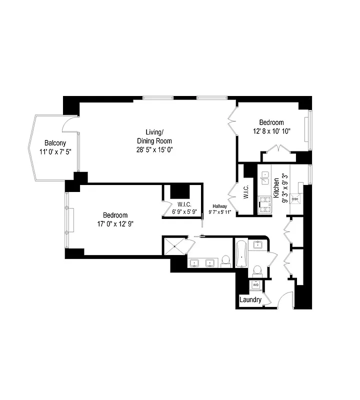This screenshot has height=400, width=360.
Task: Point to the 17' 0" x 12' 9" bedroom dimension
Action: (x=115, y=223)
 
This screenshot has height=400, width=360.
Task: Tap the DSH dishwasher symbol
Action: (x=295, y=198)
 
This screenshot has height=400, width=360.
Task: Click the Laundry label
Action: (x=250, y=300)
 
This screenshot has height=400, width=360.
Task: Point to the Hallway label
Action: (x=219, y=205)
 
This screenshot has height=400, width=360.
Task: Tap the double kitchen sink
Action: (x=265, y=179)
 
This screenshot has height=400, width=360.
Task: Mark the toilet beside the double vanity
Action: (x=225, y=260)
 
